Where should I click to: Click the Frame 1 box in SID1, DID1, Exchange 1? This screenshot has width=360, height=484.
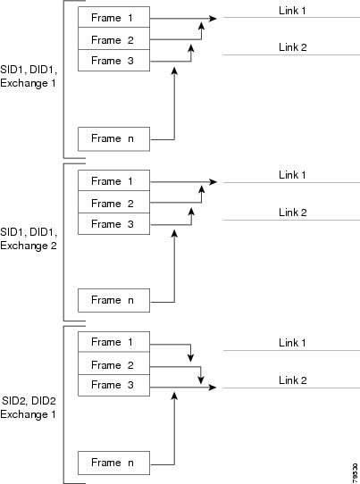point(114,17)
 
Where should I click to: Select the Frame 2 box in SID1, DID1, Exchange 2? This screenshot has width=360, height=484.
point(114,202)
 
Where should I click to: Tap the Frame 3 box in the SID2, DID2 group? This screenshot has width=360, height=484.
point(114,385)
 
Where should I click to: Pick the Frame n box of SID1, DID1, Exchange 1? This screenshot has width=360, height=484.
point(114,139)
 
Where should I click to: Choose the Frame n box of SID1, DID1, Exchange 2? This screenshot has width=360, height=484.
point(114,300)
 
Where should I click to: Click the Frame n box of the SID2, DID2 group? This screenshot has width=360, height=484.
point(114,463)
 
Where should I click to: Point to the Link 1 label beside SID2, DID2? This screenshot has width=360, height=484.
point(292,343)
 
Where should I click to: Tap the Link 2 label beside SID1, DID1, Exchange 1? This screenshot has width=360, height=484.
point(293,47)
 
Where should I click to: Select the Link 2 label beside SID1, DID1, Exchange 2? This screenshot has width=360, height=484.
point(293,213)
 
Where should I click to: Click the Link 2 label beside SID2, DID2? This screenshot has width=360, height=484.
point(293,380)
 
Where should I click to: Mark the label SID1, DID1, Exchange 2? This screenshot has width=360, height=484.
point(29,238)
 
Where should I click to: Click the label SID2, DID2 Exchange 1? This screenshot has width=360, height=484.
point(29,407)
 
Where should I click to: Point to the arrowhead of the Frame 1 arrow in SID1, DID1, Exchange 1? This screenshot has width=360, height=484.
point(213,19)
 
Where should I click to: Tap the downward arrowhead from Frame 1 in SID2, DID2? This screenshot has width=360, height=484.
point(191,358)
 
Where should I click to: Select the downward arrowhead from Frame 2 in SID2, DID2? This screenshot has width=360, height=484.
point(201,380)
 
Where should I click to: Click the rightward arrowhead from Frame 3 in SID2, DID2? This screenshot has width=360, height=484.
point(213,387)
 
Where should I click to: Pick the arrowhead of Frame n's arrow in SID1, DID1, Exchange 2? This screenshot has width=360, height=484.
point(174,233)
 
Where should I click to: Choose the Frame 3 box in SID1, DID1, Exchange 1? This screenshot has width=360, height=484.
point(114,60)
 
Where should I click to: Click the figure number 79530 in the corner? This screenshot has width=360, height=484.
point(355,472)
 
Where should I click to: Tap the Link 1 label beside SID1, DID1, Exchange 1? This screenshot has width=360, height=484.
point(292,11)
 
